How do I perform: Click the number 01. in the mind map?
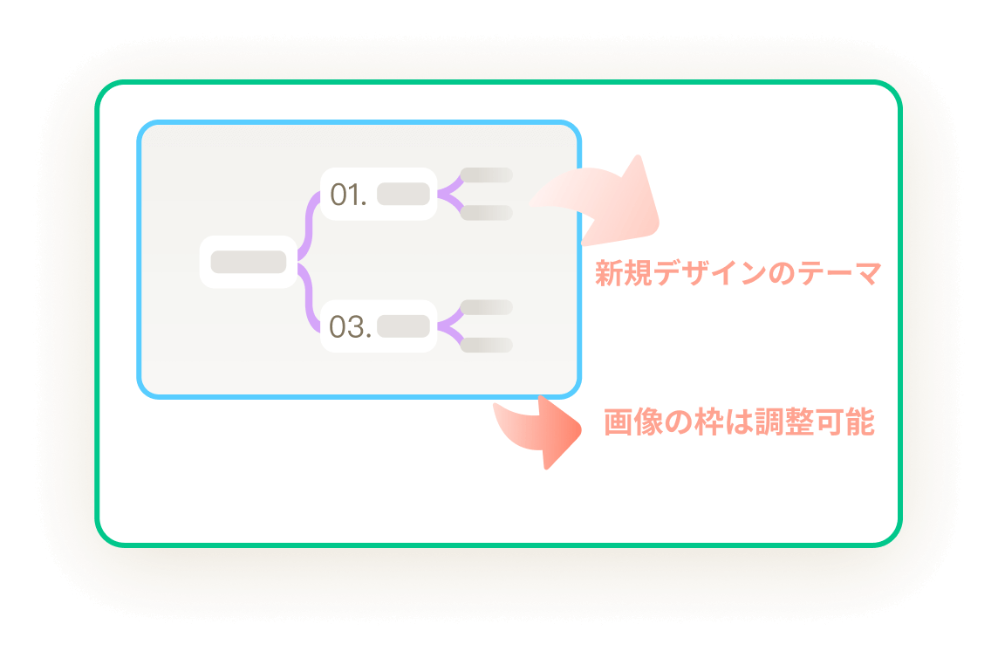point(348,195)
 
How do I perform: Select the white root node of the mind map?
point(249,262)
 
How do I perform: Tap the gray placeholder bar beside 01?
point(403,195)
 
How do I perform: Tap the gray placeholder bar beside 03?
point(403,326)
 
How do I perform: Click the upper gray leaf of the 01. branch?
point(486,175)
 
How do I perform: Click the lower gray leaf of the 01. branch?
point(486,213)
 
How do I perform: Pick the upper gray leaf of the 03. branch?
point(486,307)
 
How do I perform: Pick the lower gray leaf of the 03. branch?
point(486,345)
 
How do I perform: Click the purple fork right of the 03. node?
point(448,326)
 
